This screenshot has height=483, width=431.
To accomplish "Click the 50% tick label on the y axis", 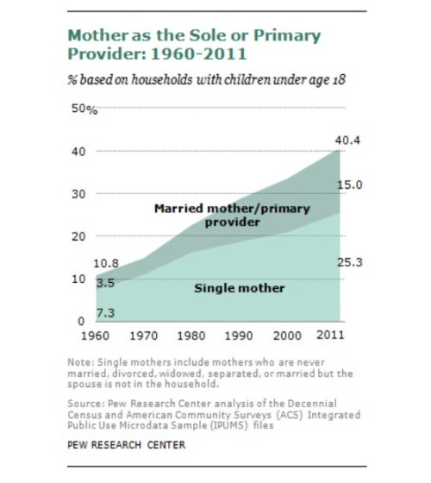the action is point(84,109).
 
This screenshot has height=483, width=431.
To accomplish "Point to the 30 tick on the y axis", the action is point(78,194).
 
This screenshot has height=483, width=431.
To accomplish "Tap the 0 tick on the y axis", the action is point(81,321).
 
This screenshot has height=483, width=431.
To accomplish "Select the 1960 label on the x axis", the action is point(95,336).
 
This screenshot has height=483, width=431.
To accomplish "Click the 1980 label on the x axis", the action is point(191,336).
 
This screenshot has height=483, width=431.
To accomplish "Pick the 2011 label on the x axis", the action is point(330,335).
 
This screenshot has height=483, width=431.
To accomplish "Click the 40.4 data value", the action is point(347,141).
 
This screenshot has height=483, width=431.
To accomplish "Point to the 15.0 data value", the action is point(350,185).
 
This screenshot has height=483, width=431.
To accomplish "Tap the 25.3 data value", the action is point(350,262).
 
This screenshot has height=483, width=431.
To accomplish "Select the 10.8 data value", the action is point(106,263).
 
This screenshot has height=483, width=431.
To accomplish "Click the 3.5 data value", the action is point(105,283).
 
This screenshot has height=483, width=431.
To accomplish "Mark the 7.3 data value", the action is point(105,313).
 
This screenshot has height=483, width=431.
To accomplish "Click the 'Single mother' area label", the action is point(240,289).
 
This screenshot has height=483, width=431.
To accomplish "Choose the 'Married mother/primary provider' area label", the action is point(232,215).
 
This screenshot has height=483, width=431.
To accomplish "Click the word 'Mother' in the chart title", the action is point(98,35).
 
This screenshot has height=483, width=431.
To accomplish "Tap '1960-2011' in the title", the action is point(198,53).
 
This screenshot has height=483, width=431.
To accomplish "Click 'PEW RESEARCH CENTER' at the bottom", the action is point(127,445).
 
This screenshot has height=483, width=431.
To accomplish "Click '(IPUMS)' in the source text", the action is point(229,425).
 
